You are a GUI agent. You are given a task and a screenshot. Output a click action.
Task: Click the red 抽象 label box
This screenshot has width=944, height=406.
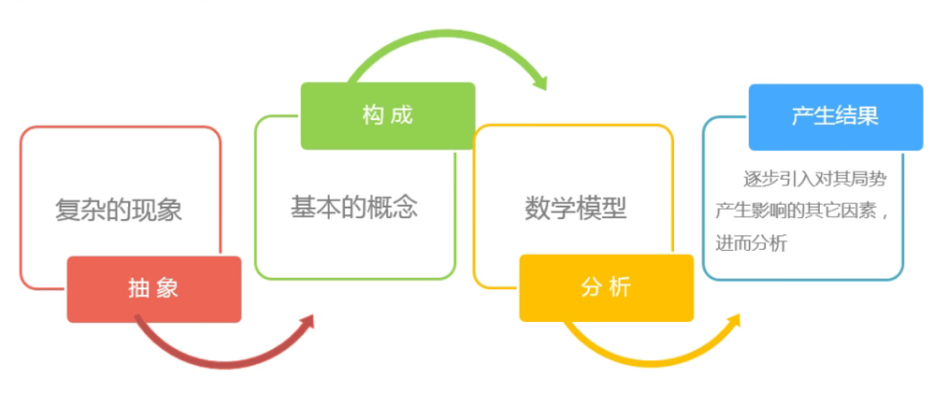pos(153,288)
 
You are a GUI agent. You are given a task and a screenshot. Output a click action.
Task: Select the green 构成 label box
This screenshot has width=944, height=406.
pos(388,116)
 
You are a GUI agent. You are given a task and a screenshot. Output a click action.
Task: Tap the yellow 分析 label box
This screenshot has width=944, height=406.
pos(606,288)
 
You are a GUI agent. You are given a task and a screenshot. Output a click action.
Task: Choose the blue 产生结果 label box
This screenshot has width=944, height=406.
pos(835,117)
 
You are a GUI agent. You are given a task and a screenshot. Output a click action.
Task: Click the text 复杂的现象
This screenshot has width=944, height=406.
pos(119,210)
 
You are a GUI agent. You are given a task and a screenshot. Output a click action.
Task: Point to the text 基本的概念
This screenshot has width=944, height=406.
pos(354,207)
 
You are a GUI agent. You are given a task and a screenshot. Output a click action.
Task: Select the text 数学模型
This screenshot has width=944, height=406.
pos(576,208)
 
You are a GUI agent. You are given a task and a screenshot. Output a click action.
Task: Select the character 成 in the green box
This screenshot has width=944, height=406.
pos(401,115)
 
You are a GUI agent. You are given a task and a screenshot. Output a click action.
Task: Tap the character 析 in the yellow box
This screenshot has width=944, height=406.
pos(620,288)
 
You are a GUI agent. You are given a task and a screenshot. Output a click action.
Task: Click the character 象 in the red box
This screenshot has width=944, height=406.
pos(169,288)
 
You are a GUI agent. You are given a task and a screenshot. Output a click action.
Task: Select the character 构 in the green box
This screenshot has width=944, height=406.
pos(373,115)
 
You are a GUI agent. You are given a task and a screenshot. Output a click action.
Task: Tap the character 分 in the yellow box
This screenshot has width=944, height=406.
pos(591,288)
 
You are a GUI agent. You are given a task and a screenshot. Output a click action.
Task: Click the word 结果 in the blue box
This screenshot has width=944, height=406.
pos(858,116)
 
